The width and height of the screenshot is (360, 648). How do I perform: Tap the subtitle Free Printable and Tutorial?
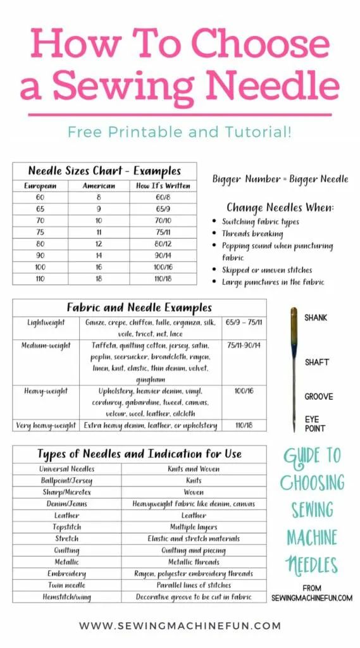coord(180,132)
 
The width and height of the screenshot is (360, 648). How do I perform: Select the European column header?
coord(40,186)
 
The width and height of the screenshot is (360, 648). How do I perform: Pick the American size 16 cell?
coord(99,266)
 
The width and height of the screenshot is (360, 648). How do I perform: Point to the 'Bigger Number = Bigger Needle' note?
coord(280,179)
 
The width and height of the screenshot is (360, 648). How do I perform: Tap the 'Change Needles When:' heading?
coord(280,208)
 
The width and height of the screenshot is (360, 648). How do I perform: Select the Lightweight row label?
coord(46,323)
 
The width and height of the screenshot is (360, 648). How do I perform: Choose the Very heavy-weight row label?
coord(47,426)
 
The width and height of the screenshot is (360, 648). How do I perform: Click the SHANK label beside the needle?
coord(316,318)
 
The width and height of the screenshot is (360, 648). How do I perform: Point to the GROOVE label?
coord(318,397)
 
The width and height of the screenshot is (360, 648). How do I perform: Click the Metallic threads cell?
coord(194,562)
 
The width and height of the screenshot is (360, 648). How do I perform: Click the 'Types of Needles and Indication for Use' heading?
coord(139,454)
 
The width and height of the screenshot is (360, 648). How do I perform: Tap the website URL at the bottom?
coord(180,626)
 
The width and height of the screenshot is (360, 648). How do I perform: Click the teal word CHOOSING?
coord(312,482)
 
